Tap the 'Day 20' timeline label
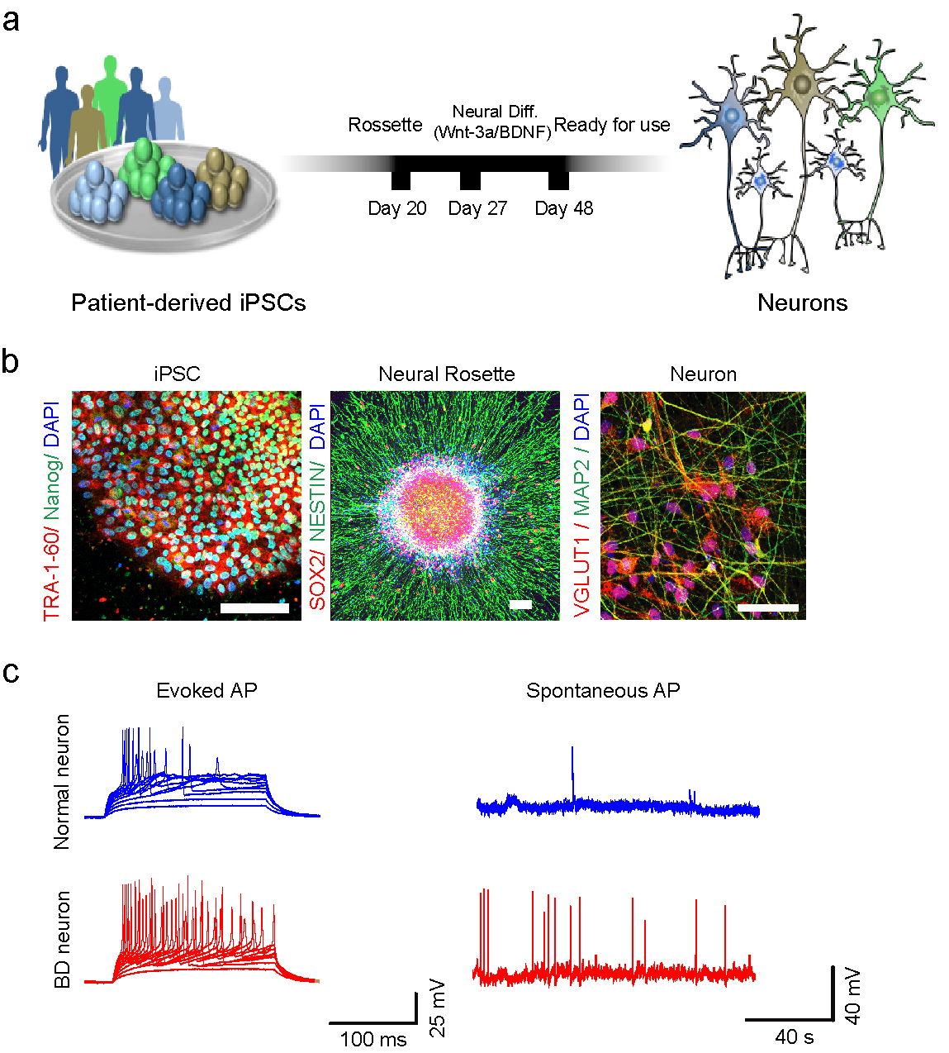397,208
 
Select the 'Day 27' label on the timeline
477,208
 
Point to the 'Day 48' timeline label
564,208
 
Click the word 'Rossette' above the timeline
385,125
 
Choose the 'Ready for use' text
612,125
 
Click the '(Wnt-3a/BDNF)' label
493,131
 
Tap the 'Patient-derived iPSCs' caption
188,303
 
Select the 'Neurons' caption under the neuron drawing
802,303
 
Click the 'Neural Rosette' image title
446,374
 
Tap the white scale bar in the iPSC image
254,608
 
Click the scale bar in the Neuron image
768,607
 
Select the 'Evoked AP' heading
206,690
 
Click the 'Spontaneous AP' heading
603,690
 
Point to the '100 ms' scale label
373,1039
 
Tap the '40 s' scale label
794,1036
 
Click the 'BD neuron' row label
62,939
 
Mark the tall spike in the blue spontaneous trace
572,769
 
